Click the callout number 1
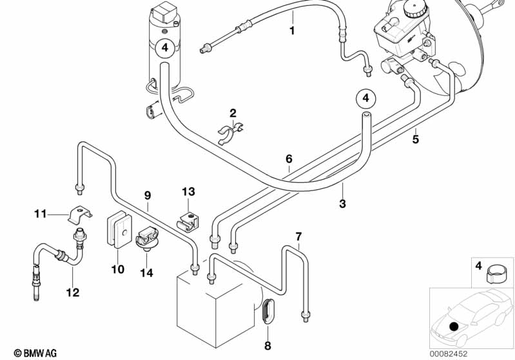click(292, 30)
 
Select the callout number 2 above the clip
click(233, 113)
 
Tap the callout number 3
click(343, 204)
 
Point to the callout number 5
click(416, 138)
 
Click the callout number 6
click(289, 158)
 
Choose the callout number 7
click(298, 236)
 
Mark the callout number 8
click(268, 336)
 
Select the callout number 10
click(117, 269)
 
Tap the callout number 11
click(41, 213)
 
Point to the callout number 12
click(72, 292)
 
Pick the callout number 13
click(188, 192)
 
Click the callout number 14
click(146, 272)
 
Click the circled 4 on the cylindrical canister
click(164, 47)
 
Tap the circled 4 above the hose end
click(365, 98)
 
